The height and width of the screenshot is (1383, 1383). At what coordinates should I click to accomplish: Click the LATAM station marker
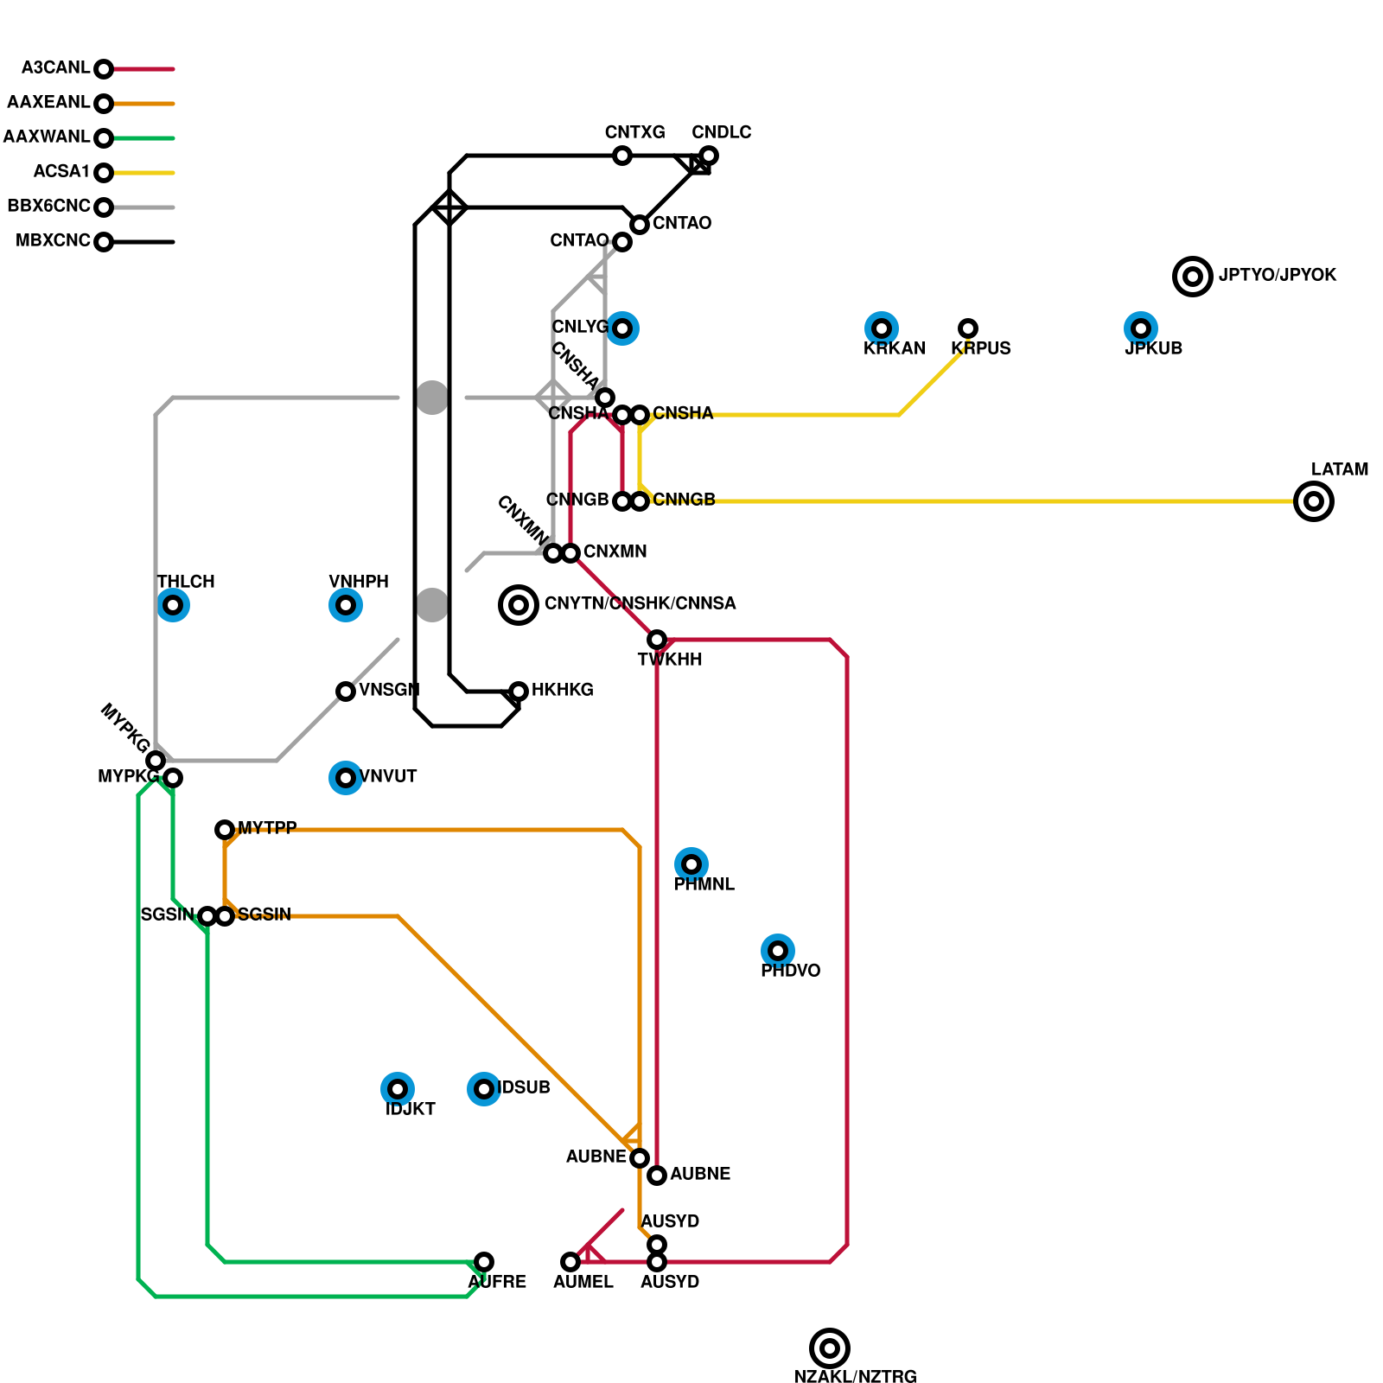1313,501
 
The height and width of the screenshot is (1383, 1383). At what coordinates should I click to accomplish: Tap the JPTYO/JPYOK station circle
1192,277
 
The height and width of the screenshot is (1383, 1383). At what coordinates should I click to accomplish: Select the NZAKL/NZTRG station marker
829,1348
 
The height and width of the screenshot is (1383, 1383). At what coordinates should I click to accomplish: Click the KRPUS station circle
968,328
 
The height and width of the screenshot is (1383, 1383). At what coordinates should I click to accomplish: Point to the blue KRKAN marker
882,328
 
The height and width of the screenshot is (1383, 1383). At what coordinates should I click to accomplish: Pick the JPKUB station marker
1141,328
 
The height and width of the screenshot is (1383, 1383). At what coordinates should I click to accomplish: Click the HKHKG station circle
519,691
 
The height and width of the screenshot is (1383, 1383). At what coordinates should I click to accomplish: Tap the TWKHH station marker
657,640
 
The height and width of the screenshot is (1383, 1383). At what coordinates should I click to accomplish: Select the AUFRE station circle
484,1262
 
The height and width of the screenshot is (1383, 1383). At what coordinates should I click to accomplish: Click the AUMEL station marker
570,1262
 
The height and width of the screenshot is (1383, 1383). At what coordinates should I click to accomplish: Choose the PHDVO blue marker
778,951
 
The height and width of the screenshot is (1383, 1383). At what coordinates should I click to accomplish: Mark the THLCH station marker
173,605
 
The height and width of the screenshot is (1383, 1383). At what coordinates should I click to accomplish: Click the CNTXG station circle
622,156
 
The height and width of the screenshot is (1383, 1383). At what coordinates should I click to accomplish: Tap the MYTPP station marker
225,830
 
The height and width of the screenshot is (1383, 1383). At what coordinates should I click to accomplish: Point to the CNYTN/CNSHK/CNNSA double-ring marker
519,605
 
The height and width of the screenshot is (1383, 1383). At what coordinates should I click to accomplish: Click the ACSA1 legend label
61,172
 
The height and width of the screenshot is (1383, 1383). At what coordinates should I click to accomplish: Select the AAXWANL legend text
47,137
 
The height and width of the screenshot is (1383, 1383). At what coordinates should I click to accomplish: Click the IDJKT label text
410,1109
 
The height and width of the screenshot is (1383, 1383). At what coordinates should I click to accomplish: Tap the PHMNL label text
704,884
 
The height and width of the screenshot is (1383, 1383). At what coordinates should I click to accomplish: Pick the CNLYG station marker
622,328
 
